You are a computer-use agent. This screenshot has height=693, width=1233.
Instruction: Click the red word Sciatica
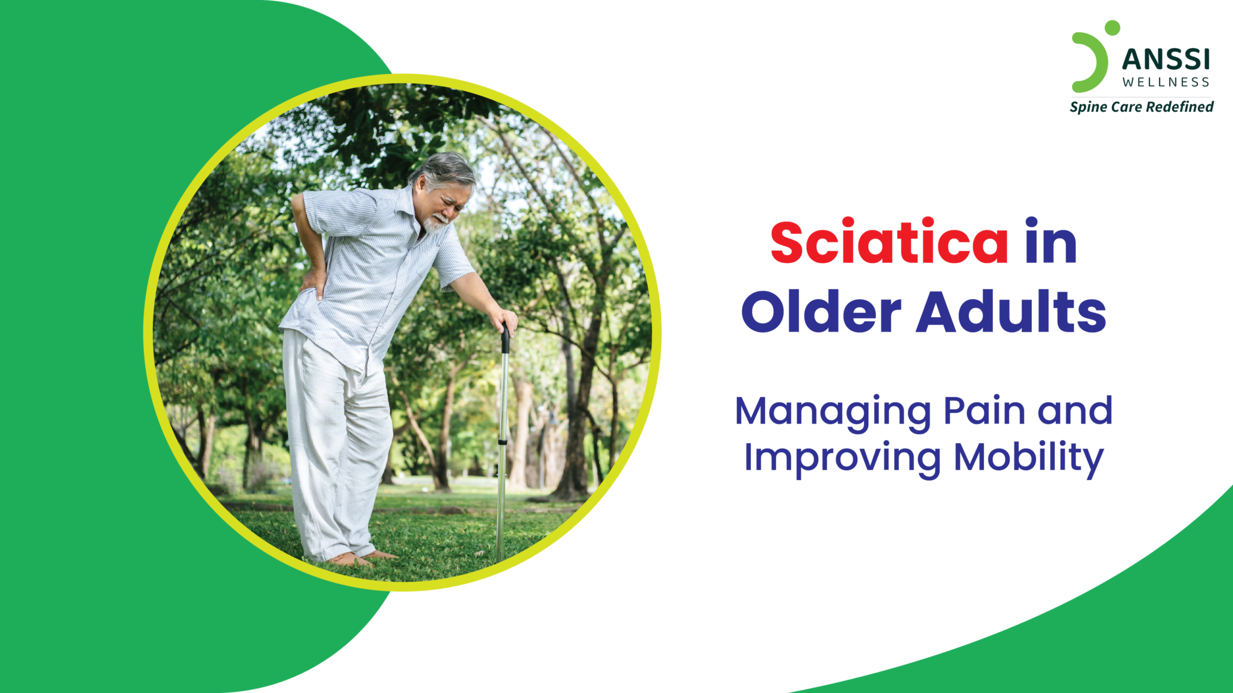[889, 242]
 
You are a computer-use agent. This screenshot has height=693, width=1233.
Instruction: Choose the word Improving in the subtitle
[842, 459]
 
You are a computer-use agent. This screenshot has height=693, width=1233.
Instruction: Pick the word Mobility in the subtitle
[1028, 459]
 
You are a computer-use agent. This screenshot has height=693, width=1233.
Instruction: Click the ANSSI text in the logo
[1166, 60]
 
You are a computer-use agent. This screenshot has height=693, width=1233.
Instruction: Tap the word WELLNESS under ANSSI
[1166, 82]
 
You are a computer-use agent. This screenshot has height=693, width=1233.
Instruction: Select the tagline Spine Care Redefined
[1141, 107]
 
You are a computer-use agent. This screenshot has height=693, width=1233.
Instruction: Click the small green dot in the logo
[1112, 28]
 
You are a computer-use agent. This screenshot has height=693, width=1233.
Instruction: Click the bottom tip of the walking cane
[499, 556]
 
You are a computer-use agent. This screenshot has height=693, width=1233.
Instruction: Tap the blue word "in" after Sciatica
[1051, 242]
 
